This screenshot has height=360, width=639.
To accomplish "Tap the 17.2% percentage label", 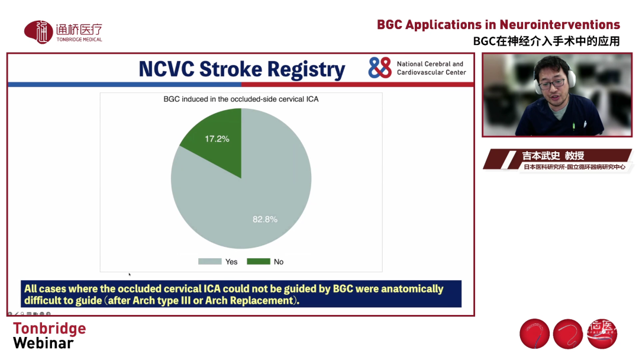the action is (x=217, y=139).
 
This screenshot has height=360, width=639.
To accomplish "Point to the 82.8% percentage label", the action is (x=265, y=219).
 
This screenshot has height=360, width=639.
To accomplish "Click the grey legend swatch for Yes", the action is (x=210, y=261).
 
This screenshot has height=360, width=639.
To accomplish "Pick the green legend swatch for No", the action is (x=259, y=261).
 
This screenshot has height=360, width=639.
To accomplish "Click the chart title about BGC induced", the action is (x=241, y=99).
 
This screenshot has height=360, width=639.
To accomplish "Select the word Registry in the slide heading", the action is (x=306, y=70).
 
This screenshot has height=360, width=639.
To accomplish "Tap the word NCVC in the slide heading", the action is (x=166, y=69).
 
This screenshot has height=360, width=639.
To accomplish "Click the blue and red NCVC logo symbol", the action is (x=380, y=67).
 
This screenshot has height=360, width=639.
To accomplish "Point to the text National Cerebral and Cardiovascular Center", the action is (x=431, y=68).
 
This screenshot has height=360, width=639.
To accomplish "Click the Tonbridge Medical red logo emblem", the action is (x=38, y=32).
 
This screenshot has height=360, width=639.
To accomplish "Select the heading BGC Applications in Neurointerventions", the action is (x=498, y=24).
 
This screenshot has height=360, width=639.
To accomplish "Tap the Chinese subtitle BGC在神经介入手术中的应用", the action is (x=547, y=41).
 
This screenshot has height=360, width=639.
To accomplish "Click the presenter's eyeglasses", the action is (x=552, y=83).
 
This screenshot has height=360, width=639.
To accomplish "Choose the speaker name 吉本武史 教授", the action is (x=553, y=156).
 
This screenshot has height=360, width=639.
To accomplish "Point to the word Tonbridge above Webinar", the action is (x=49, y=328).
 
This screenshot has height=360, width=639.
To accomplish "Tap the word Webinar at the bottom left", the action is (x=43, y=343).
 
